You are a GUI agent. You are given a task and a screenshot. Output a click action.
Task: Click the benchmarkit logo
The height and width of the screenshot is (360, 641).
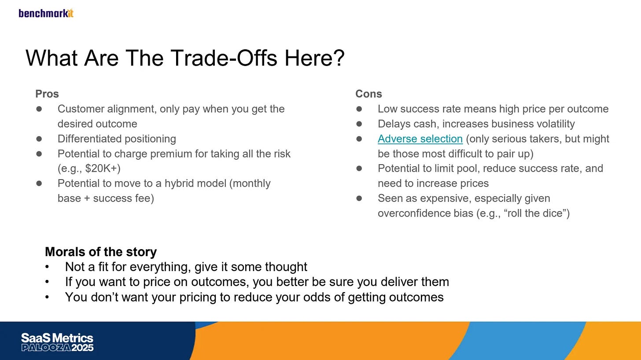(46, 13)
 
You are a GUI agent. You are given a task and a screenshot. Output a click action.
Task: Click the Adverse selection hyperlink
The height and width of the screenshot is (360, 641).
(420, 139)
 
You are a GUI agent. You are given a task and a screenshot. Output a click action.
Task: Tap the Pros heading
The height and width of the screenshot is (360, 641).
(47, 94)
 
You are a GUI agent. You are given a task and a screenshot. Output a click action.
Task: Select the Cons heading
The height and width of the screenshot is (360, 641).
(368, 94)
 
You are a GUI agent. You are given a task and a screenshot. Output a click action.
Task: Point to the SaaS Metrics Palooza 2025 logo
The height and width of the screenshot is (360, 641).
(57, 342)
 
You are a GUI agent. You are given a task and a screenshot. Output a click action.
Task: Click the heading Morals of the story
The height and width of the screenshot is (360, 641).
(101, 252)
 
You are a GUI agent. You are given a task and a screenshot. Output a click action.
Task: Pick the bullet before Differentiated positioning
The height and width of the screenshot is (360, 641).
(39, 139)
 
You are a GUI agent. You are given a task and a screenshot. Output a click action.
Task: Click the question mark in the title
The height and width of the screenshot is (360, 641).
(339, 58)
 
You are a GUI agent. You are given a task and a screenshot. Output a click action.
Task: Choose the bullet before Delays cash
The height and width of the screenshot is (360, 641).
(359, 124)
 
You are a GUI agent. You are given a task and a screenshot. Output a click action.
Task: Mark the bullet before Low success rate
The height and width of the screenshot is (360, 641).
(359, 109)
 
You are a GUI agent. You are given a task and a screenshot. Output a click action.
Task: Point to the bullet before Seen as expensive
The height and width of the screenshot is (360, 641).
(359, 198)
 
